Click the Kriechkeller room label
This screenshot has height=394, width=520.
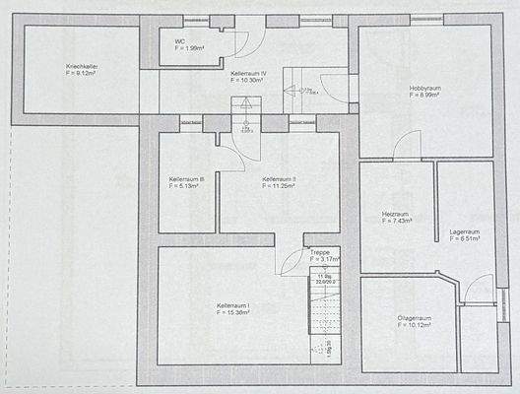(69, 66)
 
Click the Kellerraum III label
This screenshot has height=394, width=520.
(186, 178)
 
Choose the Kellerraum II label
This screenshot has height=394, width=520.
(280, 178)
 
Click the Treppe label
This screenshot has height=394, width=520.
(320, 252)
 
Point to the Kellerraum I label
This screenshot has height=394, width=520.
(232, 306)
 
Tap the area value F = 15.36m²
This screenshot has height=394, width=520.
(232, 313)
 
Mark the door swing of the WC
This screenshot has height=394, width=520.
(244, 43)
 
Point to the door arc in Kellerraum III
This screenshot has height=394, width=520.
(228, 148)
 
